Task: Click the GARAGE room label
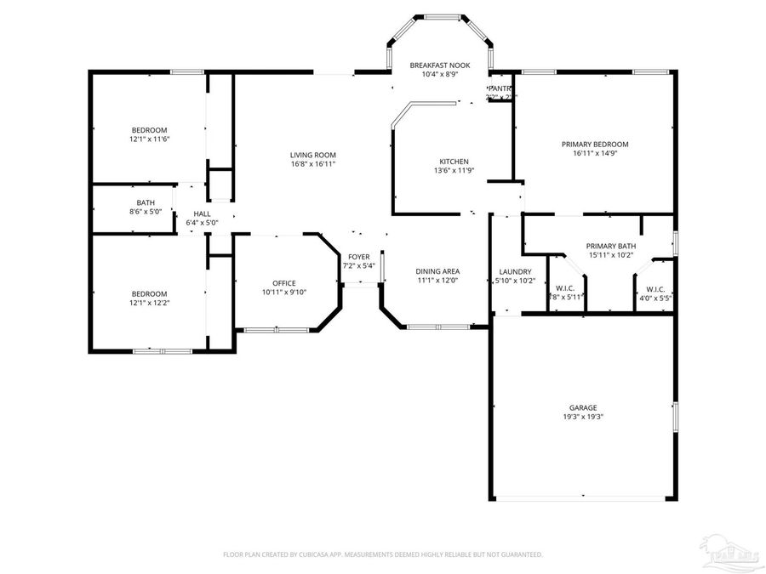(583, 407)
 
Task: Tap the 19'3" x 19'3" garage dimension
(583, 417)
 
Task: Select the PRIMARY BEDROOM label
(595, 145)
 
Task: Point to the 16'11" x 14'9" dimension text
(595, 154)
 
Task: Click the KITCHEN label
(454, 162)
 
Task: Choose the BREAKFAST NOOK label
(439, 65)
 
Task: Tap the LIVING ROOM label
(313, 155)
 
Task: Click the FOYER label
(358, 257)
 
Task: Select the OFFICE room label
(284, 283)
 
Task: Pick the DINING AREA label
(438, 271)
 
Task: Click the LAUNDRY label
(515, 271)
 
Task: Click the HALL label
(202, 213)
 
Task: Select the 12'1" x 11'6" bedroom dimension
(149, 139)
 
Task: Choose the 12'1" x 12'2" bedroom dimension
(149, 303)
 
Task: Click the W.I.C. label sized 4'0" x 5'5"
(655, 288)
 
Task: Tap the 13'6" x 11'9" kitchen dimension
(454, 170)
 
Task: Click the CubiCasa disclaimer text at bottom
(382, 554)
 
